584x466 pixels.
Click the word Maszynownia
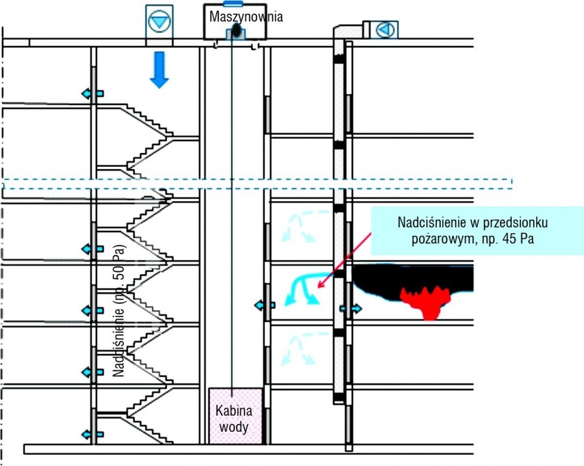(246, 17)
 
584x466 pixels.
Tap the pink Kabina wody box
(235, 416)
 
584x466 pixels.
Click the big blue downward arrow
(159, 70)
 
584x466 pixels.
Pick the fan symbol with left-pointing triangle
(385, 29)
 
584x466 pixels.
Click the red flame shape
(426, 300)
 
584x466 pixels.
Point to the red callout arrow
(344, 260)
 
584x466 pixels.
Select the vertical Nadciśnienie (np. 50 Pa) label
(119, 311)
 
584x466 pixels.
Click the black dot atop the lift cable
(236, 29)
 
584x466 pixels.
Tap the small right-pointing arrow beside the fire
(351, 308)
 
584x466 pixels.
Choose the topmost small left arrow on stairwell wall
(92, 93)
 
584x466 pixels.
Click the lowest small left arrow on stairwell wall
(92, 434)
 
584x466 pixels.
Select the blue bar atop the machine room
(233, 4)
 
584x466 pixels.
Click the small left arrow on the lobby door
(265, 305)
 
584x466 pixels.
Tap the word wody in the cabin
(234, 427)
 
